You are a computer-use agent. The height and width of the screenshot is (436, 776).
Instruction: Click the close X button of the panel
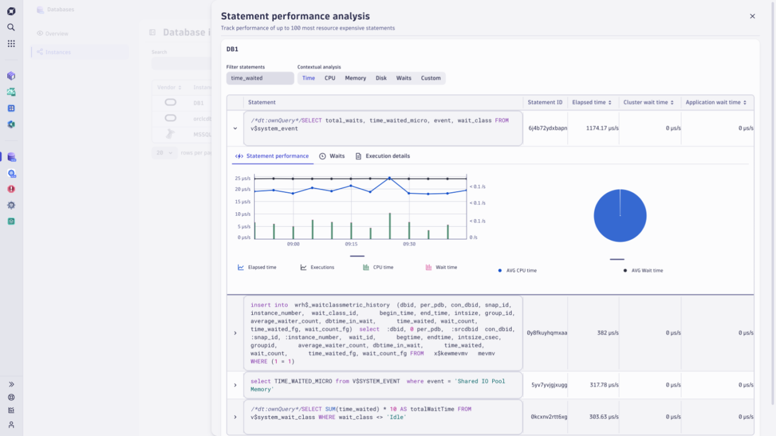point(752,17)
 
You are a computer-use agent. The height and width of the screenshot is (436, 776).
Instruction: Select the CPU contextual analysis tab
point(330,78)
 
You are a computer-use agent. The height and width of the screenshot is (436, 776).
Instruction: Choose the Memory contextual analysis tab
point(355,78)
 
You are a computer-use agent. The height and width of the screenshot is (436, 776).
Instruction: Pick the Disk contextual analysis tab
point(381,78)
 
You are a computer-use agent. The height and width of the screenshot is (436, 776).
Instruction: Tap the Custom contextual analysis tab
point(431,78)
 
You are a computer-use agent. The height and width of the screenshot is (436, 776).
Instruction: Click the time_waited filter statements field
point(260,78)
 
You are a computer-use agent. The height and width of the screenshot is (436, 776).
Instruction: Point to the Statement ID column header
point(545,102)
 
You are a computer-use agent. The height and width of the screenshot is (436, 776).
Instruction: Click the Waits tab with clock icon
point(332,156)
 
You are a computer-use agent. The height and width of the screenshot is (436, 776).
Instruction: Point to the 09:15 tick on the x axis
point(351,244)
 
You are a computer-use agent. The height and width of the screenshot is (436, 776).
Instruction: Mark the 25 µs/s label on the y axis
point(243,178)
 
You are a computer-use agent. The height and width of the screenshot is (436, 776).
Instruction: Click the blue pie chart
point(620,216)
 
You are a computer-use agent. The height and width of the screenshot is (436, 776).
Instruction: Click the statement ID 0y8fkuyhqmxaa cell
point(547,333)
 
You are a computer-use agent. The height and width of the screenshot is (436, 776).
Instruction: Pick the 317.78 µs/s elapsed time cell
point(604,385)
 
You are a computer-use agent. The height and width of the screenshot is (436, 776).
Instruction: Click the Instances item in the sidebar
point(58,52)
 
